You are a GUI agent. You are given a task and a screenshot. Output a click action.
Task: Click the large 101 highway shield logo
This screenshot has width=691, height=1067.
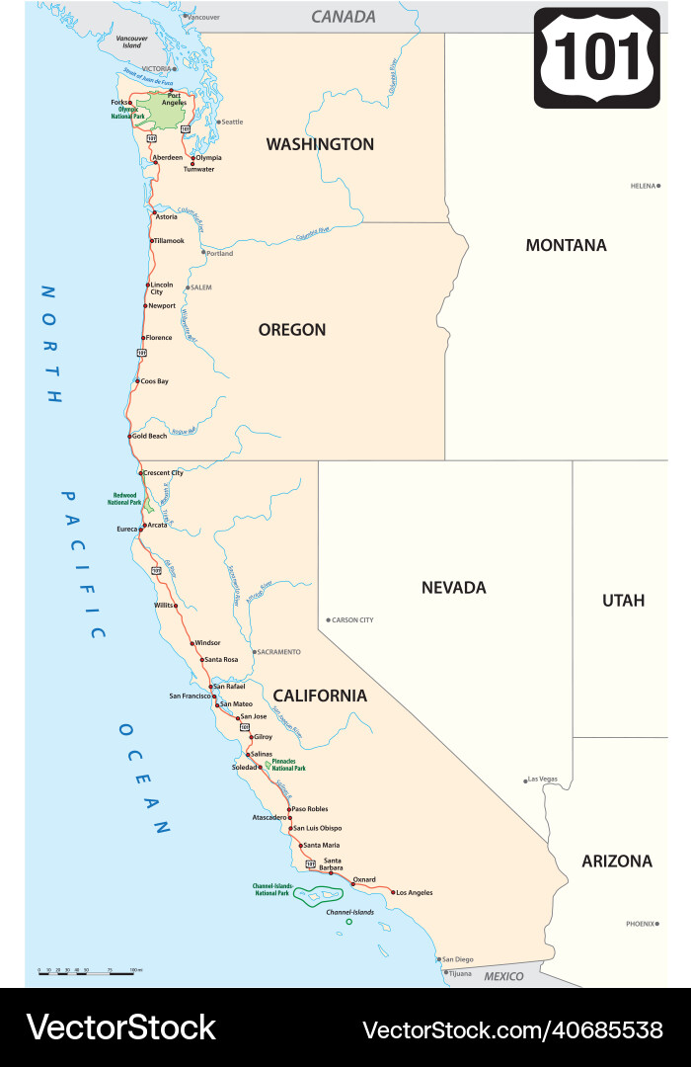(x=596, y=57)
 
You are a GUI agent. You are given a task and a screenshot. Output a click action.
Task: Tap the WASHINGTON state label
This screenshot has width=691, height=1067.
(x=320, y=144)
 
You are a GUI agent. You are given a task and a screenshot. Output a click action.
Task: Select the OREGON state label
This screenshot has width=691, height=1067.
(x=292, y=330)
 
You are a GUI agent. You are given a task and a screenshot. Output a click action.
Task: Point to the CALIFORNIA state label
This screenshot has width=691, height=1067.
(x=320, y=696)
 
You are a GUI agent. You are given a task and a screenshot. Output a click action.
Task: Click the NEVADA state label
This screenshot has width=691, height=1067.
(x=454, y=588)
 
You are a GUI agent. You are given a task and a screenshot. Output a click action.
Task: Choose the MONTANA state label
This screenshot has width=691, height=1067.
(x=566, y=245)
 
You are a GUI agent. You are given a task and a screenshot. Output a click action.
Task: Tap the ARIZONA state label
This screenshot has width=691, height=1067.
(x=617, y=862)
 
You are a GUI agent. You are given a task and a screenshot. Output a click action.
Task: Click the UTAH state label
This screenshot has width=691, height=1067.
(x=623, y=601)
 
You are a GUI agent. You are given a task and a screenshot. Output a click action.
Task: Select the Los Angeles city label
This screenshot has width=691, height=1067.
(x=414, y=893)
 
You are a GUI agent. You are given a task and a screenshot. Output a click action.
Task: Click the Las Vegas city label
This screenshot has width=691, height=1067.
(x=543, y=780)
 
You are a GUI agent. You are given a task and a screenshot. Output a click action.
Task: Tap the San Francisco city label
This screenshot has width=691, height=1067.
(x=190, y=697)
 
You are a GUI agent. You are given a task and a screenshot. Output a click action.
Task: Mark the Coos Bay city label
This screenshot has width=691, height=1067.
(x=154, y=381)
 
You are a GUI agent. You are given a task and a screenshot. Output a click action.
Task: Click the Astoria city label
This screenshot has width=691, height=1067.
(x=167, y=216)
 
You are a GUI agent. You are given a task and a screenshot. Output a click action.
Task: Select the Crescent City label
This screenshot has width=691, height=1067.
(x=163, y=473)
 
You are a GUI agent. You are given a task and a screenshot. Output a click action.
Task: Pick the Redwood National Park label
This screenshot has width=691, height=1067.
(x=124, y=499)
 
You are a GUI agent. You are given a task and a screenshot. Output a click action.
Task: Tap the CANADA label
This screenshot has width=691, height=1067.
(x=344, y=17)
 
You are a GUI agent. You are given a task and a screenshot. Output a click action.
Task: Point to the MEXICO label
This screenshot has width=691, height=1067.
(x=503, y=976)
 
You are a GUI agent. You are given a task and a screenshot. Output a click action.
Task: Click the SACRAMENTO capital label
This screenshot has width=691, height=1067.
(x=279, y=652)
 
